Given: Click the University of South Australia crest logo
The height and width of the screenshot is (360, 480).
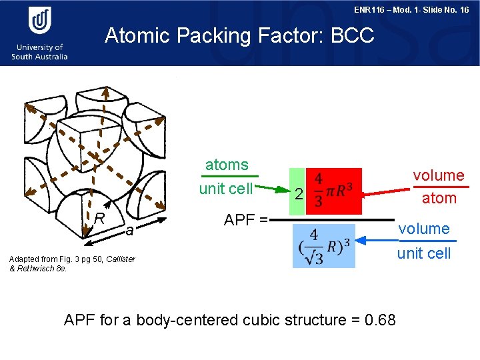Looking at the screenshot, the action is point(39,21).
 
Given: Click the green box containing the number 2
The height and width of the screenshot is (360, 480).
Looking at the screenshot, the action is point(299,187).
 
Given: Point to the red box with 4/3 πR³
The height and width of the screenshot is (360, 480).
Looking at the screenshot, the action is point(335,187).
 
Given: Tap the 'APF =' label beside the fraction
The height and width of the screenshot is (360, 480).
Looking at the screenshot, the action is point(245,220).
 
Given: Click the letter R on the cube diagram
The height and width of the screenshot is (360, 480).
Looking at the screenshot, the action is point(99,217).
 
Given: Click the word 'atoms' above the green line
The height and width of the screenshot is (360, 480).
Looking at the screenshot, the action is point(227,165).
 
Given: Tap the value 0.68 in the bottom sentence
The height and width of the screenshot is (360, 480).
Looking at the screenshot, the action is point(381,320).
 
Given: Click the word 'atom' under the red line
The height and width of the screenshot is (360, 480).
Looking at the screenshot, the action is point(439,198).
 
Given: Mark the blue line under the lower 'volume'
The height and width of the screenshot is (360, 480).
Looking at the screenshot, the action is point(424,241).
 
